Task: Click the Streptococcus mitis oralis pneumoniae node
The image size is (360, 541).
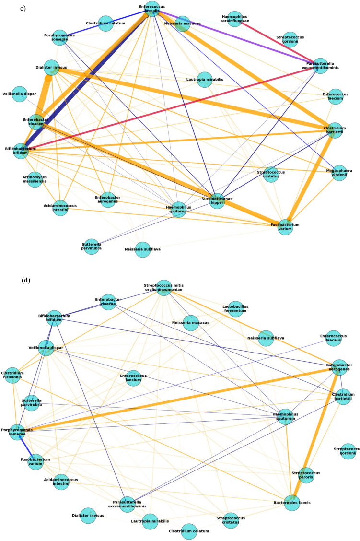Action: pyautogui.click(x=164, y=288)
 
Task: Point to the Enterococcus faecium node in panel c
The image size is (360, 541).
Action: pyautogui.click(x=336, y=96)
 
